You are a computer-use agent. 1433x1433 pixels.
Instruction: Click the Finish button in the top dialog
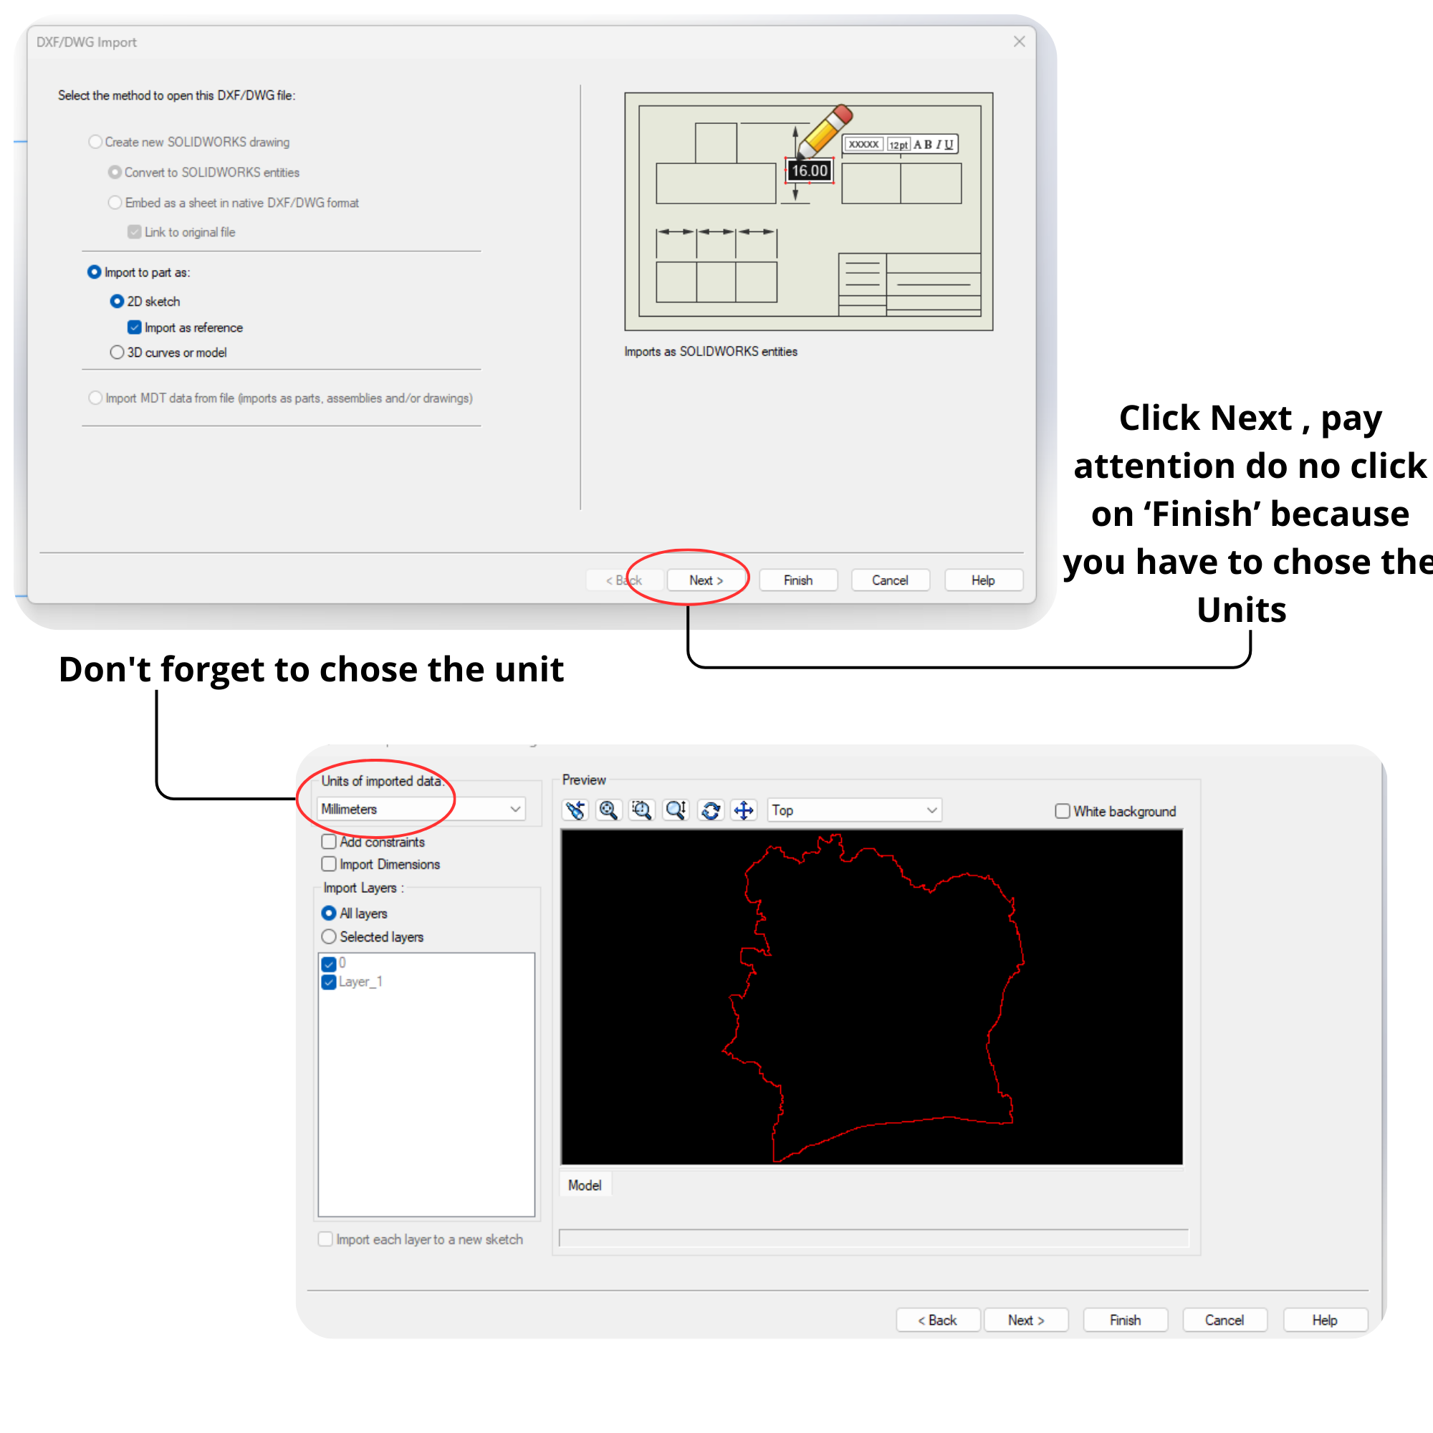798,580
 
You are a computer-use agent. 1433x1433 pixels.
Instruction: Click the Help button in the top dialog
984,580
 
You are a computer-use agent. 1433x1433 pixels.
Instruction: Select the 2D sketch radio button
117,301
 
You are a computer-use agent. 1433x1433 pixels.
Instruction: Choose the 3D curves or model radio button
117,353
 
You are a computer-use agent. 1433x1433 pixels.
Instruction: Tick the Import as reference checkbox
134,327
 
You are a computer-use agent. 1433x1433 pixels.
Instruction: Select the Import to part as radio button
94,272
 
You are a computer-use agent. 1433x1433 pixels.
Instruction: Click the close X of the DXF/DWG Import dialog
1019,42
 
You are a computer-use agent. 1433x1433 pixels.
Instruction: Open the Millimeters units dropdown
421,809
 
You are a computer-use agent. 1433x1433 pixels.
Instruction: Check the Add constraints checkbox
329,842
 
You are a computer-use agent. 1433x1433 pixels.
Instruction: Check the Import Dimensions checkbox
329,864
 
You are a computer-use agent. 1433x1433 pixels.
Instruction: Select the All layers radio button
329,913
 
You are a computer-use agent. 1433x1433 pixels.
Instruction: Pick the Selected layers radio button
329,936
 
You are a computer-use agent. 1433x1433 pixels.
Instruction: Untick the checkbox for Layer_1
329,982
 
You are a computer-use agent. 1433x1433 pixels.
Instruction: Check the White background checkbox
1062,810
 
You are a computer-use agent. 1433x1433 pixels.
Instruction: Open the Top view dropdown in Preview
855,810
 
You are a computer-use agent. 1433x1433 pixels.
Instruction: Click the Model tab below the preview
585,1185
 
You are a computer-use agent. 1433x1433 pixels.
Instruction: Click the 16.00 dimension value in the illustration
809,171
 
